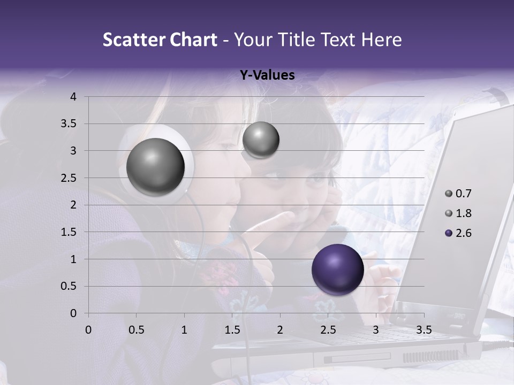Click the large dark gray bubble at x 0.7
click(x=155, y=167)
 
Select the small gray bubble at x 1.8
click(x=261, y=140)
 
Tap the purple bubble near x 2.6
click(x=337, y=269)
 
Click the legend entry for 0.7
click(x=458, y=194)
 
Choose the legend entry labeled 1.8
click(x=458, y=213)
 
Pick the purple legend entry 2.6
click(x=458, y=233)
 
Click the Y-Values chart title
click(x=267, y=75)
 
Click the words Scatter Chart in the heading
click(x=160, y=40)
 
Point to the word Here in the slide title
click(x=381, y=40)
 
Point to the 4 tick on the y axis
click(x=73, y=97)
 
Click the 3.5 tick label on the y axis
click(x=70, y=124)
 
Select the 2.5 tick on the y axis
click(x=70, y=178)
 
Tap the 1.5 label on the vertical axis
click(x=70, y=232)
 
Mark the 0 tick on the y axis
click(x=73, y=313)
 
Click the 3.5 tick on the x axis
click(x=424, y=330)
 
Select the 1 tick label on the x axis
click(x=184, y=330)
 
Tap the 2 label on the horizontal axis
click(x=280, y=330)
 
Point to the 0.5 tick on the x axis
click(x=136, y=330)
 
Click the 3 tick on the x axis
click(x=376, y=330)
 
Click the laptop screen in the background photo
click(x=455, y=214)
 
